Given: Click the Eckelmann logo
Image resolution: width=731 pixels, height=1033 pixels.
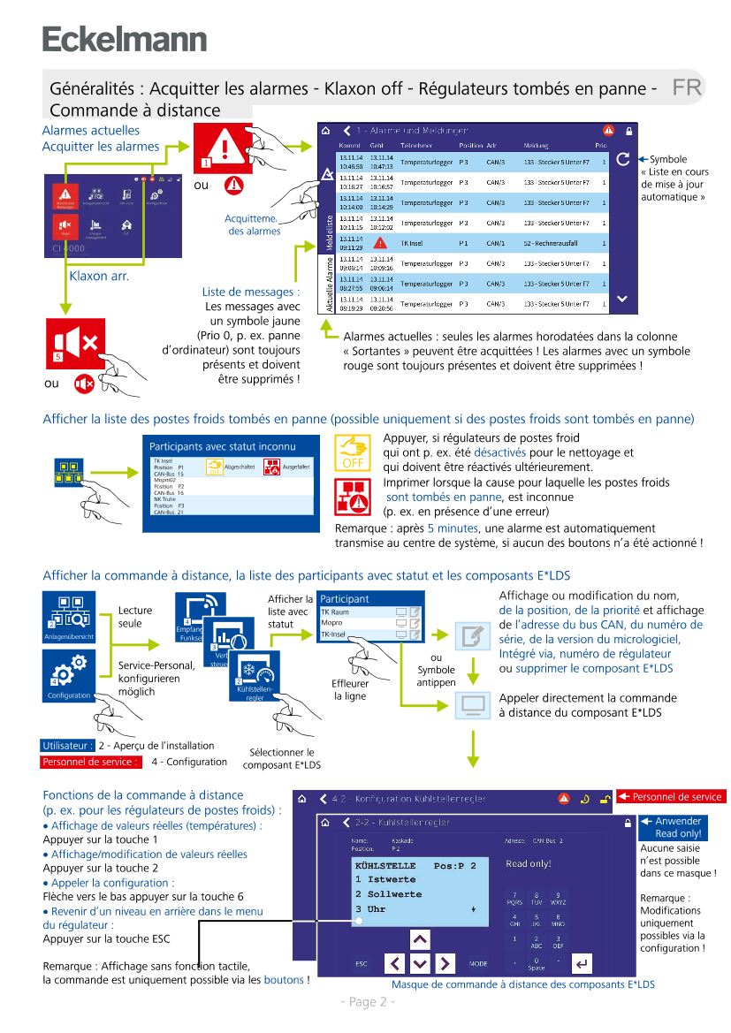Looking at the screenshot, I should [125, 39].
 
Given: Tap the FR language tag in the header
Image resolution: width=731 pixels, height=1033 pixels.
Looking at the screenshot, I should [686, 87].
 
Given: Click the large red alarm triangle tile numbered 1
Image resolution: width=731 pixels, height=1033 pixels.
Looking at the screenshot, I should [223, 145].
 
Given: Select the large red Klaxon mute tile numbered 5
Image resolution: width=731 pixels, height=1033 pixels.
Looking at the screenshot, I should [76, 344].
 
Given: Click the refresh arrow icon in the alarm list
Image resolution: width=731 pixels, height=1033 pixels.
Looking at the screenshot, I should [623, 159].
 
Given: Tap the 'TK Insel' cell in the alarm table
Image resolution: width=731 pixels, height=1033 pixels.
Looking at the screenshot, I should [413, 243].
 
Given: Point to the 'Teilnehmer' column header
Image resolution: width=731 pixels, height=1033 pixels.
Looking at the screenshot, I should [416, 144].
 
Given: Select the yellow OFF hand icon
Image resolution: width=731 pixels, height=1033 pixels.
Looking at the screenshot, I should [353, 452].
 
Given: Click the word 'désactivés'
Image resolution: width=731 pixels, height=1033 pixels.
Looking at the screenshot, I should [499, 452].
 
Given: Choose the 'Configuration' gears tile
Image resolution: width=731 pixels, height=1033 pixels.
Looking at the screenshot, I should [69, 676].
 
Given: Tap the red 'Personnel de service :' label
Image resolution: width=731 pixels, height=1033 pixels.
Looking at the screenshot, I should [90, 762].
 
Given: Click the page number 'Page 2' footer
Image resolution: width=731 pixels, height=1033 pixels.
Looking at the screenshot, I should [368, 1002].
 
